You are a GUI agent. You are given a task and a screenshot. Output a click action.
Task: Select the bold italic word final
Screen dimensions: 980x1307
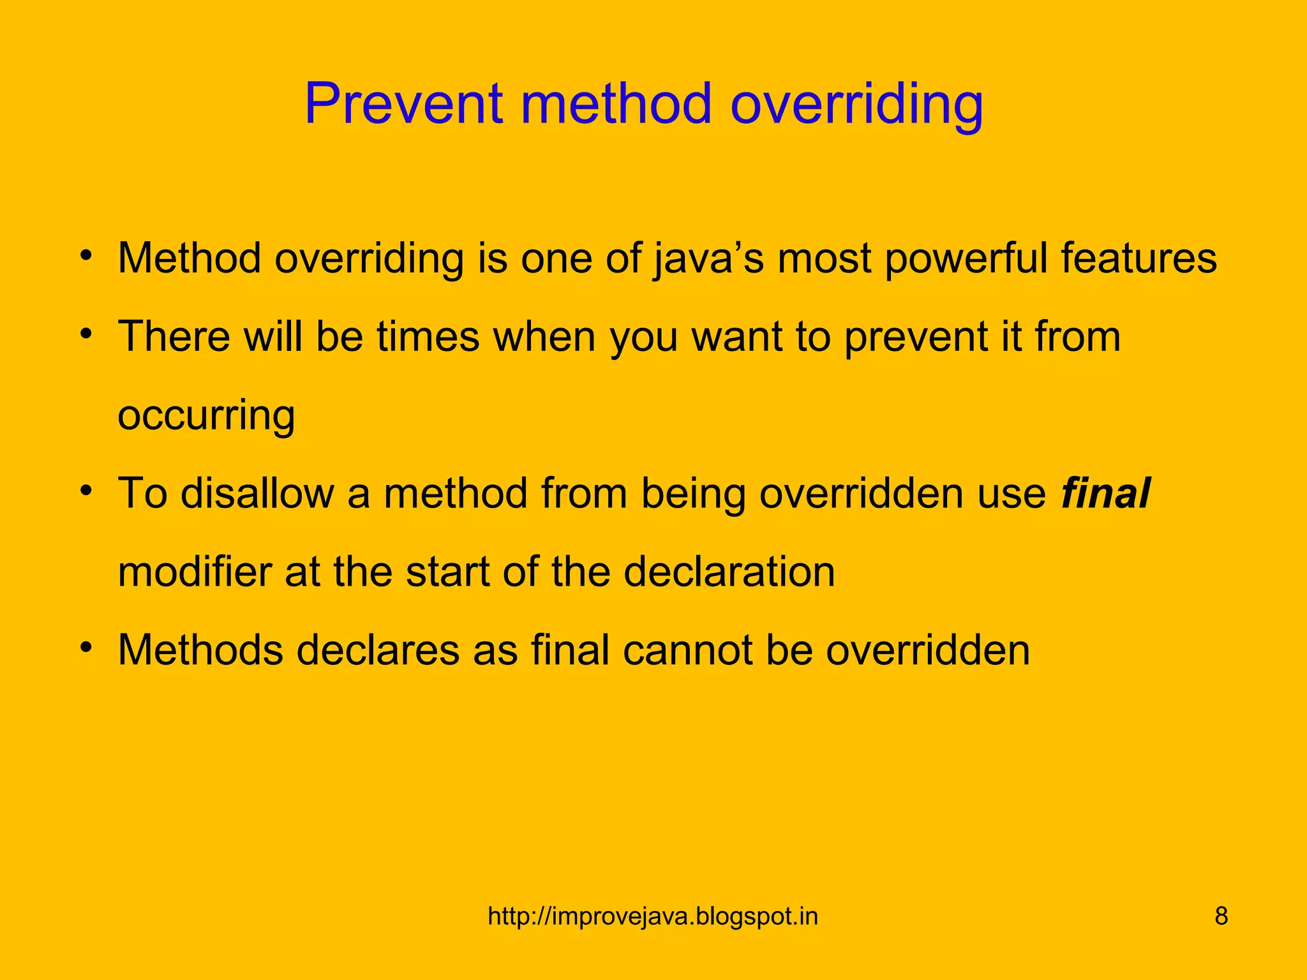pos(1105,493)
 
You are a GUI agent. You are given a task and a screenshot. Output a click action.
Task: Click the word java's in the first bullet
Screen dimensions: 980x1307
pos(708,259)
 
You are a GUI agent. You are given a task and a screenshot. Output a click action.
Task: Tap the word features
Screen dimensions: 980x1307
pos(1139,258)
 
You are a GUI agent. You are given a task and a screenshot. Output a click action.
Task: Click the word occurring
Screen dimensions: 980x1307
pos(206,415)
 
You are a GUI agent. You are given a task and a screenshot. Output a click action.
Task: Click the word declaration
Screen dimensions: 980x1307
pos(729,572)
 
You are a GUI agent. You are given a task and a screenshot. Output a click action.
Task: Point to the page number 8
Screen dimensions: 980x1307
pos(1221,917)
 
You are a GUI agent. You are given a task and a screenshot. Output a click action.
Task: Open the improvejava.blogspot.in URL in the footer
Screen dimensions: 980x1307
pos(653,917)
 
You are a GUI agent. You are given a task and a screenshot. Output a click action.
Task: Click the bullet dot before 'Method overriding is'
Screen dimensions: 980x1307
pos(87,256)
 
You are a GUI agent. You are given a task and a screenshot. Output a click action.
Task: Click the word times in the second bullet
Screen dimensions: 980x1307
pos(427,336)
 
